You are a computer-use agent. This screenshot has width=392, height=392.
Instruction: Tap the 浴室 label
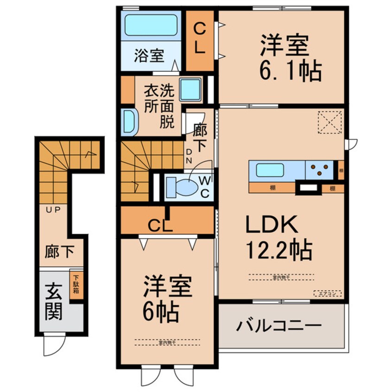149,56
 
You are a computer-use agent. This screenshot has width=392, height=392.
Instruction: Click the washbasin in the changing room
129,121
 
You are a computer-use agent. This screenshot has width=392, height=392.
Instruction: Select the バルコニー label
279,326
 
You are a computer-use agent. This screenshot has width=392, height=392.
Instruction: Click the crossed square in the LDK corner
330,122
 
